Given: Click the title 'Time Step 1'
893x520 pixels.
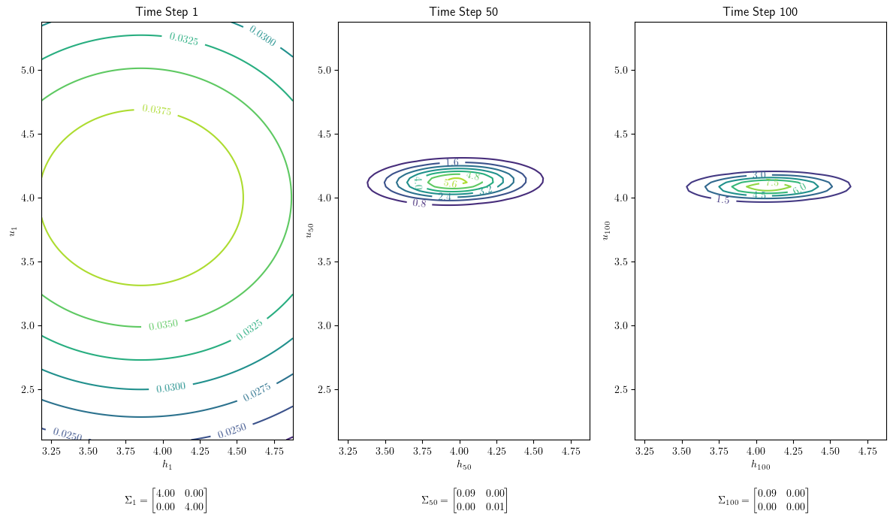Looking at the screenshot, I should coord(167,11).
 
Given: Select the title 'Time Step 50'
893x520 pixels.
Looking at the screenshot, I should coord(463,11).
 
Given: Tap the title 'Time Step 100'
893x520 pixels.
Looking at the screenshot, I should coord(760,11).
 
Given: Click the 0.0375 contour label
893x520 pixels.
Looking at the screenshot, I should coord(156,110).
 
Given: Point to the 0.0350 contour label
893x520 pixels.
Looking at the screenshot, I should coord(163,325).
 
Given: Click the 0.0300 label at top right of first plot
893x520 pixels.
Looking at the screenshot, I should coord(262,35).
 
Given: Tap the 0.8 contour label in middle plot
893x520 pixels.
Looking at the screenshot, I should coord(419,203).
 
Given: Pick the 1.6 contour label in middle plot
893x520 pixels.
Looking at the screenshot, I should coord(451,162).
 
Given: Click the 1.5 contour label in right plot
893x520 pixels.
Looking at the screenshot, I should coord(723,199).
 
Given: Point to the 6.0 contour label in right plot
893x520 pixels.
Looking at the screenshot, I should coord(799,189).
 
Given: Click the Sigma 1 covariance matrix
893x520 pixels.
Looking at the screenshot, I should coord(165,500).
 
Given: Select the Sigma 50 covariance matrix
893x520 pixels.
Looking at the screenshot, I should coord(463,500).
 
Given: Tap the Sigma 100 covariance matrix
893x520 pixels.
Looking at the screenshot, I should coord(762,500).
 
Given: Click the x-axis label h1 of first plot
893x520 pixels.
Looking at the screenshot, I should coord(167,465).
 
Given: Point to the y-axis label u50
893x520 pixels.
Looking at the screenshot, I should coord(309,230).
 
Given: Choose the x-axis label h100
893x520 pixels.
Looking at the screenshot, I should coord(760,465).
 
